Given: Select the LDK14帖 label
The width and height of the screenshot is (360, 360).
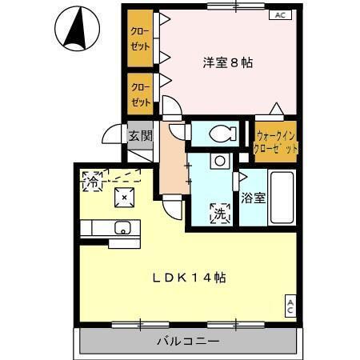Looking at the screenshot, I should tap(190, 278).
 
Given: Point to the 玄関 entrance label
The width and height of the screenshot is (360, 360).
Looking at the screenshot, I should tap(141, 136).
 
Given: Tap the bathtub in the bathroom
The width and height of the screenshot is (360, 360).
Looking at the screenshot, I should tap(282, 197).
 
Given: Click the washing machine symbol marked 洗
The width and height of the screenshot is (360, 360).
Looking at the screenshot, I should tap(220, 214).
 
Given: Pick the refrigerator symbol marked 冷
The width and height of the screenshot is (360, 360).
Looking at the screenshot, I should tap(92, 182).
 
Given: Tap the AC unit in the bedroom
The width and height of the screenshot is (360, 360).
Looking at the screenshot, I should tap(280, 15).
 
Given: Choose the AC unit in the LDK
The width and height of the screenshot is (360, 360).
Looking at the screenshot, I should tap(290, 306).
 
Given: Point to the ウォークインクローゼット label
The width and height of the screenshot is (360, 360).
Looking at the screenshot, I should tap(275, 142).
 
